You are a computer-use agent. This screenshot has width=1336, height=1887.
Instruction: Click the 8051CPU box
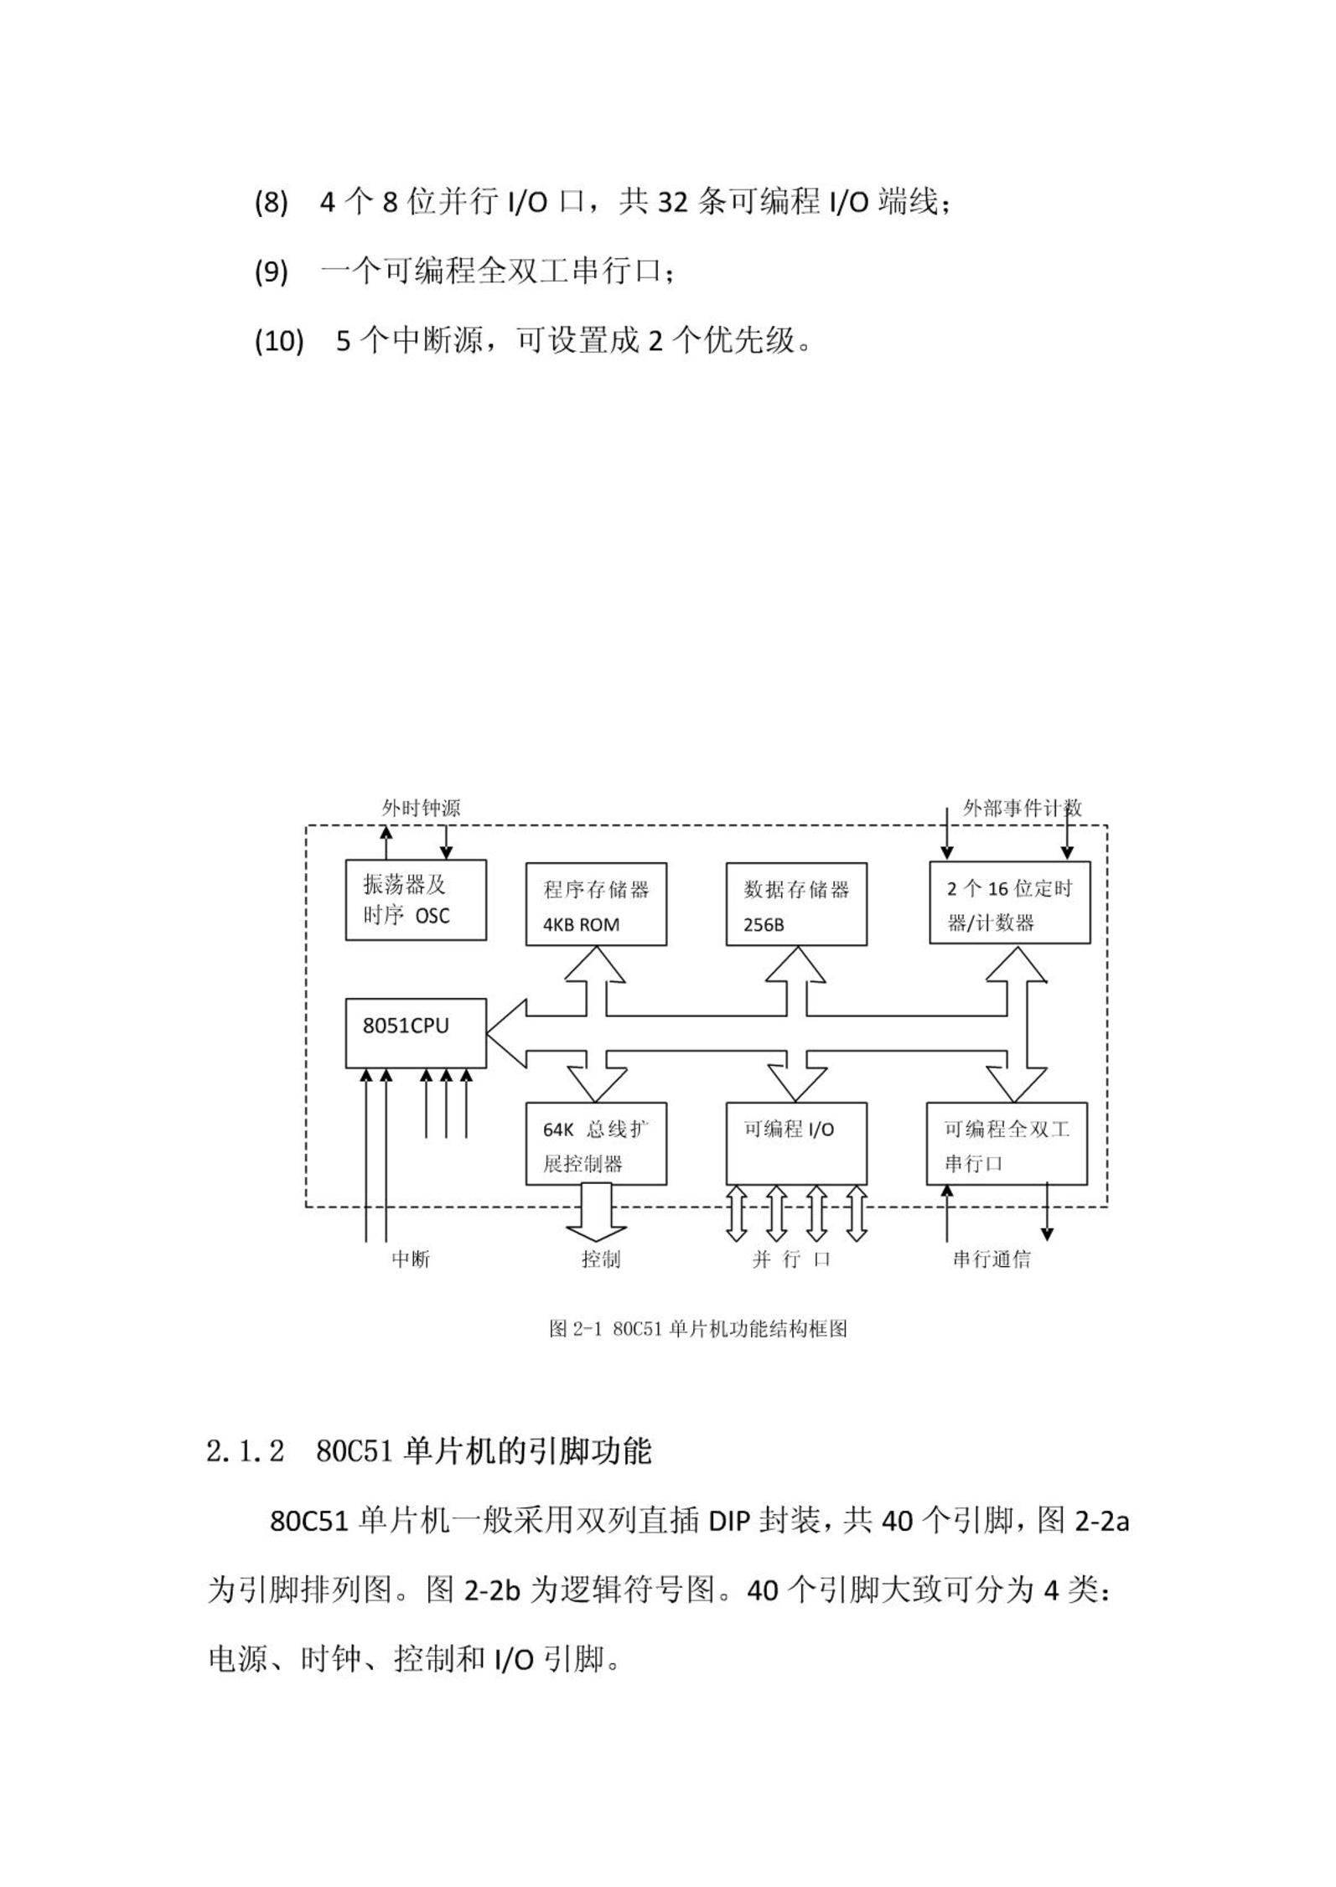click(416, 1032)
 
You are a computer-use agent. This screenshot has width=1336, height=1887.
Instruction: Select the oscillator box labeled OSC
click(416, 899)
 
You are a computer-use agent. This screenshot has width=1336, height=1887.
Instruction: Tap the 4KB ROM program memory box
click(596, 904)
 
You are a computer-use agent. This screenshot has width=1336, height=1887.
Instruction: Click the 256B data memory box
click(796, 904)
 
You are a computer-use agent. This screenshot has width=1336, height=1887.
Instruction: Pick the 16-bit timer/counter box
click(1010, 902)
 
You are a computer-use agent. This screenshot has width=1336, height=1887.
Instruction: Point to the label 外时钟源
click(421, 809)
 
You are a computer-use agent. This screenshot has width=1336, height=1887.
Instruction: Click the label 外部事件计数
click(1023, 809)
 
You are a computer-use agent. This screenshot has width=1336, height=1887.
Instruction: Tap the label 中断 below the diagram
click(411, 1259)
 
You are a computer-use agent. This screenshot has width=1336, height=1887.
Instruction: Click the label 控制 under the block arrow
click(601, 1259)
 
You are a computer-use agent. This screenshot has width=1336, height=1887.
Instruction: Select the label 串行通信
click(992, 1259)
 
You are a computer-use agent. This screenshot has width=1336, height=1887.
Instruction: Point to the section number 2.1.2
click(246, 1452)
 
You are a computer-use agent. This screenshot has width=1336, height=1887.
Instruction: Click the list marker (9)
click(271, 272)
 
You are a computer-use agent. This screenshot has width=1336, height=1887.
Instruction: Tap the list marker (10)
click(279, 342)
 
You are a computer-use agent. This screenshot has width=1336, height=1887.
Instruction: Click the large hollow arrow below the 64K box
click(596, 1212)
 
